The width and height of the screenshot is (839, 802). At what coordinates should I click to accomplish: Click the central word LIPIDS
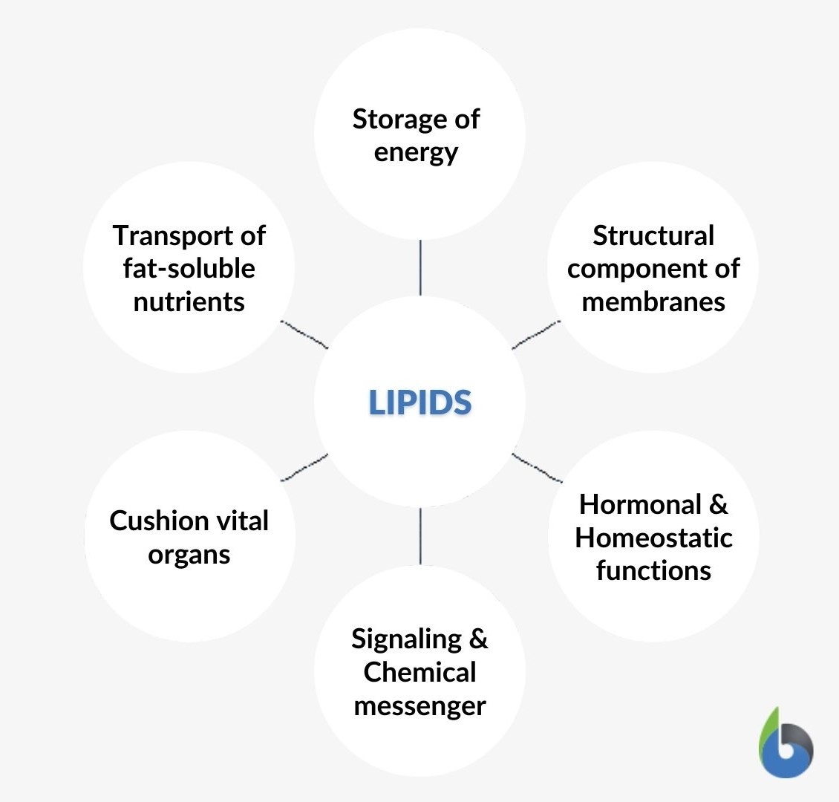coord(419,402)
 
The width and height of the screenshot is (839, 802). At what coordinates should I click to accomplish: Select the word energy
coord(416,153)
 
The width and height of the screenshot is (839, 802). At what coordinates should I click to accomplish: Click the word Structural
coord(653,235)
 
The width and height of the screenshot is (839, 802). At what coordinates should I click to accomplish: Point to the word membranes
coord(653,301)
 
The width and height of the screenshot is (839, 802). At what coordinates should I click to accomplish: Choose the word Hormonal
coord(640,504)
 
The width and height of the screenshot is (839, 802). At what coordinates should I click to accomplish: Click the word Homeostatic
coord(653,538)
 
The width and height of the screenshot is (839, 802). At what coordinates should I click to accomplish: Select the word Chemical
coord(419,672)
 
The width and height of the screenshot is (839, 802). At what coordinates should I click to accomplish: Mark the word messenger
coord(419,705)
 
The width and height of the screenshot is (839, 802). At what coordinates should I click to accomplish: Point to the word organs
coord(189,555)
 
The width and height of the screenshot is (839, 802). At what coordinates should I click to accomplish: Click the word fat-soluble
coord(189,268)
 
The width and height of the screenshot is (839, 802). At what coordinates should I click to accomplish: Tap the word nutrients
coord(189,301)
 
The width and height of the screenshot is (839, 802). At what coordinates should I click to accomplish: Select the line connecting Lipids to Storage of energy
coord(420,267)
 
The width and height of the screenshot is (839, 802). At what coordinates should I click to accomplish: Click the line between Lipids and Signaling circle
coord(420,536)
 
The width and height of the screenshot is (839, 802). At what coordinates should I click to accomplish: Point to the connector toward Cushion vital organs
coord(304,467)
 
